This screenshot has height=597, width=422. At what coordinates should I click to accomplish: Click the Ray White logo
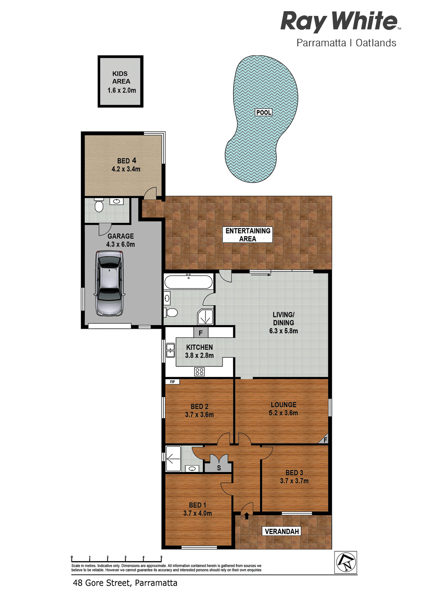click(x=340, y=21)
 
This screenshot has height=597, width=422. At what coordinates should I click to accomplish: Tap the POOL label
click(x=263, y=113)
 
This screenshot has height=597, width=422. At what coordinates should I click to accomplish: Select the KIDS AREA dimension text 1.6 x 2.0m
click(x=121, y=90)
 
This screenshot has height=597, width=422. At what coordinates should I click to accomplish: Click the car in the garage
click(x=109, y=283)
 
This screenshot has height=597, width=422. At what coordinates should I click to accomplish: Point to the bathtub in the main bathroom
click(x=189, y=282)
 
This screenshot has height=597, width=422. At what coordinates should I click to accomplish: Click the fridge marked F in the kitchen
click(x=201, y=332)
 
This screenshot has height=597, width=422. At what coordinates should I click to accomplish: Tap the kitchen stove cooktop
click(x=200, y=371)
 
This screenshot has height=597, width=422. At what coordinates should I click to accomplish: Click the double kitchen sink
click(x=170, y=350)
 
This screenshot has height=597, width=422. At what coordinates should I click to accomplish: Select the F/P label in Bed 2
click(x=172, y=382)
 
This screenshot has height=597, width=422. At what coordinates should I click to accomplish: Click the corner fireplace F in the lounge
click(x=324, y=439)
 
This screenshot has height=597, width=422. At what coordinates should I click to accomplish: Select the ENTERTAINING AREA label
click(x=248, y=235)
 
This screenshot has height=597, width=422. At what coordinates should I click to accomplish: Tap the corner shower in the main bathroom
click(x=205, y=317)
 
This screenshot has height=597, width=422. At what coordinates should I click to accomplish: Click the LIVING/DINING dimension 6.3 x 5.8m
click(x=284, y=331)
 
